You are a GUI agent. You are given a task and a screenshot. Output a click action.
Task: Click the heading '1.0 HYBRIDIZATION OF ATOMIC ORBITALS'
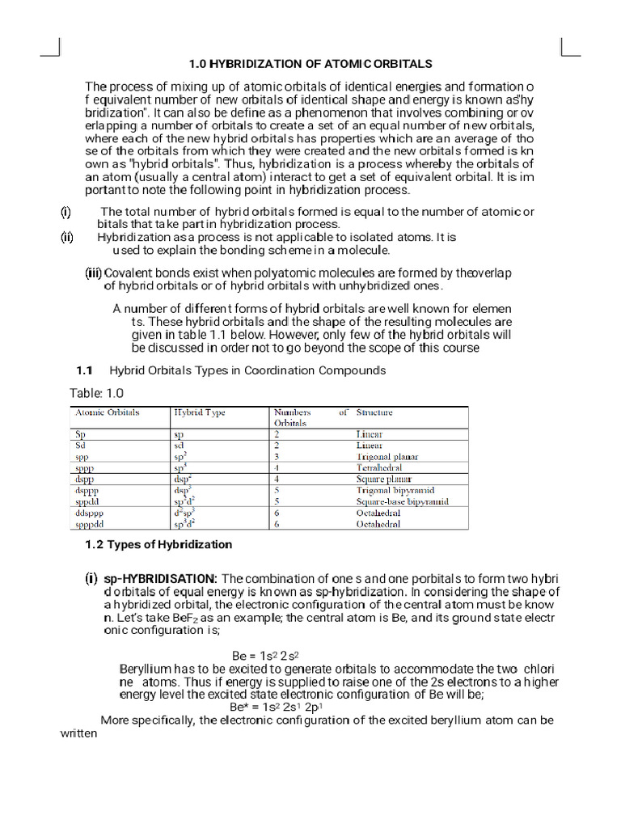click(310, 63)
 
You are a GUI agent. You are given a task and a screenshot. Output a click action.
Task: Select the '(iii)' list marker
click(94, 273)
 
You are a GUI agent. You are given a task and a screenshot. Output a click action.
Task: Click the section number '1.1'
click(85, 370)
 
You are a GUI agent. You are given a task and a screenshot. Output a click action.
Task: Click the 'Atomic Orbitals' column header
click(107, 412)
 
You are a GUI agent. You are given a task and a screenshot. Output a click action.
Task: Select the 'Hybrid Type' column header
click(199, 412)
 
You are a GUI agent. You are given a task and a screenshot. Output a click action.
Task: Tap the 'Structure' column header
click(374, 412)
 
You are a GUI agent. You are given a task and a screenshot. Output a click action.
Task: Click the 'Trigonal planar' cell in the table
click(387, 457)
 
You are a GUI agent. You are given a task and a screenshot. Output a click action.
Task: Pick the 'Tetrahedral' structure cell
click(379, 468)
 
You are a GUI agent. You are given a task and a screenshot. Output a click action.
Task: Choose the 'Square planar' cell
click(383, 479)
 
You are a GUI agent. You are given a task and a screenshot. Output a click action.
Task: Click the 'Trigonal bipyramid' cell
click(395, 491)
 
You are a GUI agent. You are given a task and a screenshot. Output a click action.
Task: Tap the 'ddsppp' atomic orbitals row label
click(90, 513)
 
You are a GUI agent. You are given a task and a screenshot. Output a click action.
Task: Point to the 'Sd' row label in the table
click(80, 446)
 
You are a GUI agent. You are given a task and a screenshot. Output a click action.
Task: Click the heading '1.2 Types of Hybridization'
click(158, 544)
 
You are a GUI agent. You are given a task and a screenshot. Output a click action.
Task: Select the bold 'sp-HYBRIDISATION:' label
click(160, 579)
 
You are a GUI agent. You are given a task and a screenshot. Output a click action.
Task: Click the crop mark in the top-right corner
click(569, 48)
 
